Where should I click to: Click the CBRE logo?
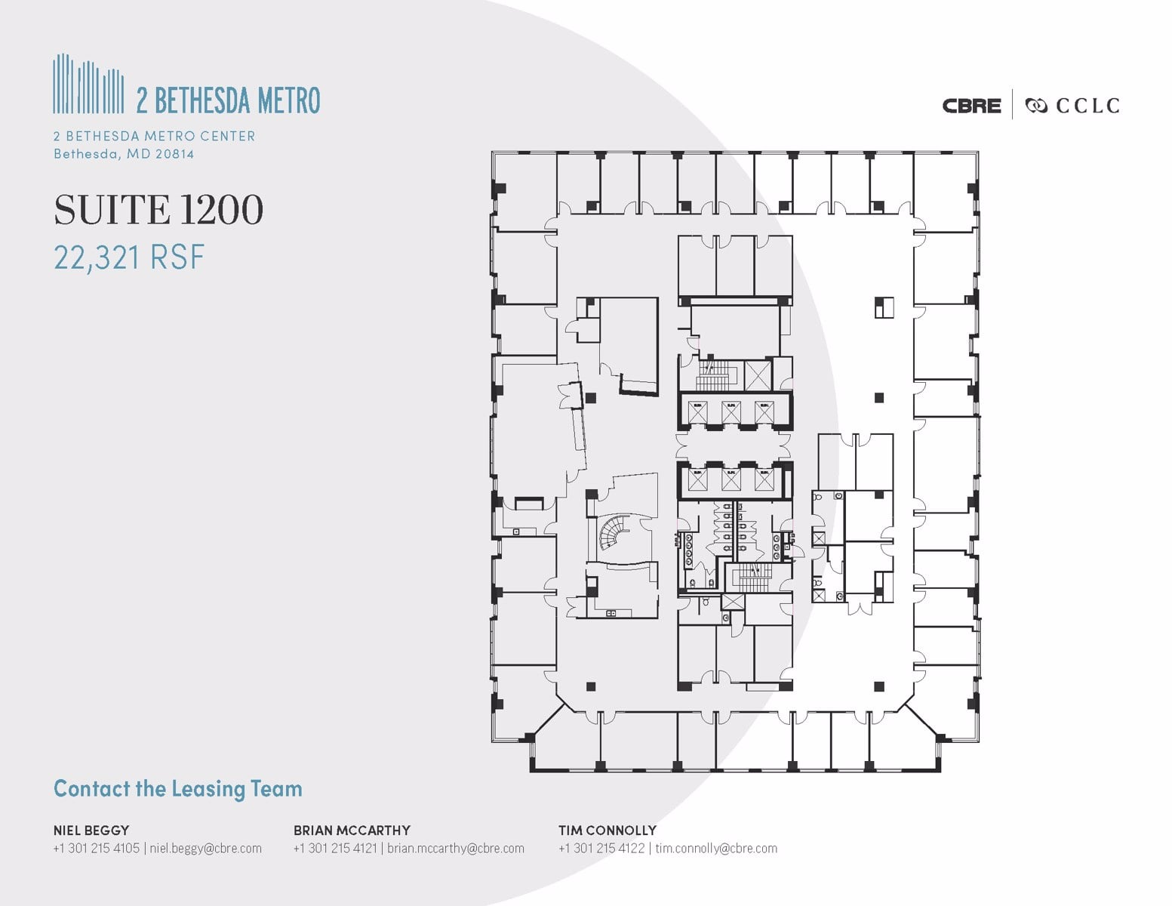971,106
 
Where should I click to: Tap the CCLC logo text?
1087,106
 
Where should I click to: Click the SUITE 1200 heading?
158,210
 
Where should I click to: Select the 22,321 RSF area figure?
129,258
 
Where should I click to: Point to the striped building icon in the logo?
88,84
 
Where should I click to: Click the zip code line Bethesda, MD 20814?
124,154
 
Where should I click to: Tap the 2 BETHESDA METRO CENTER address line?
154,136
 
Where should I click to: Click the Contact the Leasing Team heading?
178,789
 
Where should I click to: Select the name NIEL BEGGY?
91,830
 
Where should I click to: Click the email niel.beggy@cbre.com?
205,848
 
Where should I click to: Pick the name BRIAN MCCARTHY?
352,830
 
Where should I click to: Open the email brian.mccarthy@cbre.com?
455,848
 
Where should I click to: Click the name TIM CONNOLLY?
607,830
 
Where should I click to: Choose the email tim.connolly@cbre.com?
715,848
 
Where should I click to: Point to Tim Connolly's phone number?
601,848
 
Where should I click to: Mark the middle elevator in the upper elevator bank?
731,412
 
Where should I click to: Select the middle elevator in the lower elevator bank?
731,479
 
